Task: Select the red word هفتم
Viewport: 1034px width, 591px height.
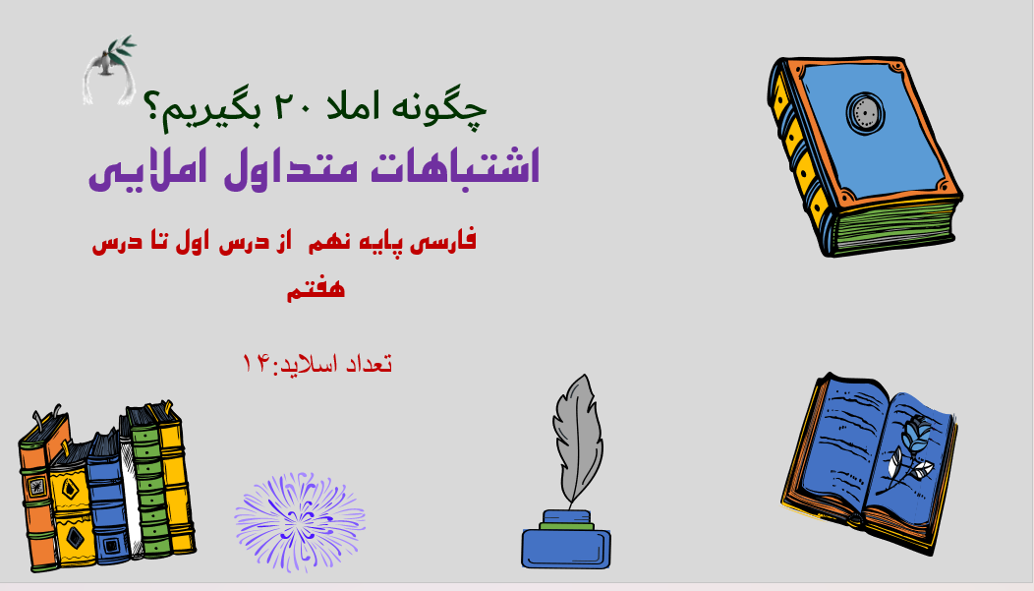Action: pos(316,289)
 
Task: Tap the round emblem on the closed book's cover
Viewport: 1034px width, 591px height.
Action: pos(866,112)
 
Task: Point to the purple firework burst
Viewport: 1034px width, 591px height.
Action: pos(300,517)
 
